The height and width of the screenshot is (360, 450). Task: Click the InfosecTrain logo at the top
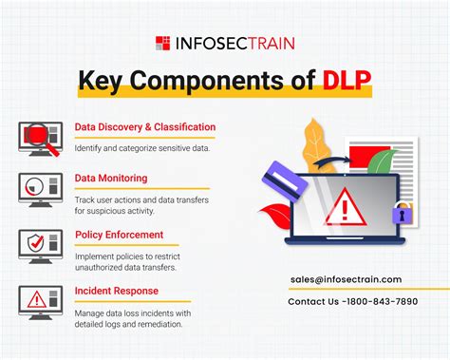pyautogui.click(x=225, y=42)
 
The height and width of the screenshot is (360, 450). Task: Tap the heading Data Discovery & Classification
pyautogui.click(x=144, y=126)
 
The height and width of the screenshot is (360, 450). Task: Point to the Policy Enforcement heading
pyautogui.click(x=119, y=234)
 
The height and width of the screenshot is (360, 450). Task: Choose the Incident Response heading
pyautogui.click(x=116, y=290)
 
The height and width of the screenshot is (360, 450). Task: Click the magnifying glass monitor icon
pyautogui.click(x=38, y=138)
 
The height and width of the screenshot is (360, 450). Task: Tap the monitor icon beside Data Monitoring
pyautogui.click(x=37, y=190)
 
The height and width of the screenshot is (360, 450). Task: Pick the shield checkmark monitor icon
pyautogui.click(x=37, y=245)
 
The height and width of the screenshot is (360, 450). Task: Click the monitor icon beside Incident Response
pyautogui.click(x=37, y=302)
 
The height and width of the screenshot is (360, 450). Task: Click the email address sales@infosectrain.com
pyautogui.click(x=346, y=279)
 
